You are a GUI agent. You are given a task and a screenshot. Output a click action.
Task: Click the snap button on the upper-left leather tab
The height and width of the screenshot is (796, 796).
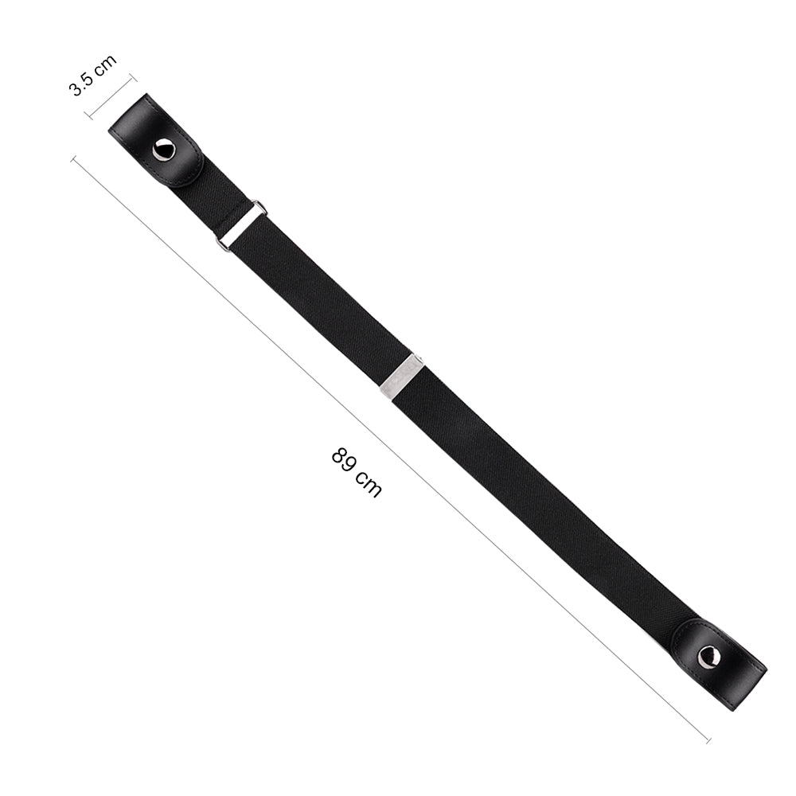pos(164,150)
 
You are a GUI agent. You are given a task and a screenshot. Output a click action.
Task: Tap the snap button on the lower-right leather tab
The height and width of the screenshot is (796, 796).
pos(708,657)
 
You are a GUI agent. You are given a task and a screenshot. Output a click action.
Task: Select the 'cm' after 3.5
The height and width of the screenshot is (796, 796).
pos(105,64)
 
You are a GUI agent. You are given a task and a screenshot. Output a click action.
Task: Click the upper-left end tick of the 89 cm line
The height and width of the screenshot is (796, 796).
pos(74,158)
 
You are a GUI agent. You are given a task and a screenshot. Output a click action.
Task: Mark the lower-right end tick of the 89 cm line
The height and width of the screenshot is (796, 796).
pos(707,739)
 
